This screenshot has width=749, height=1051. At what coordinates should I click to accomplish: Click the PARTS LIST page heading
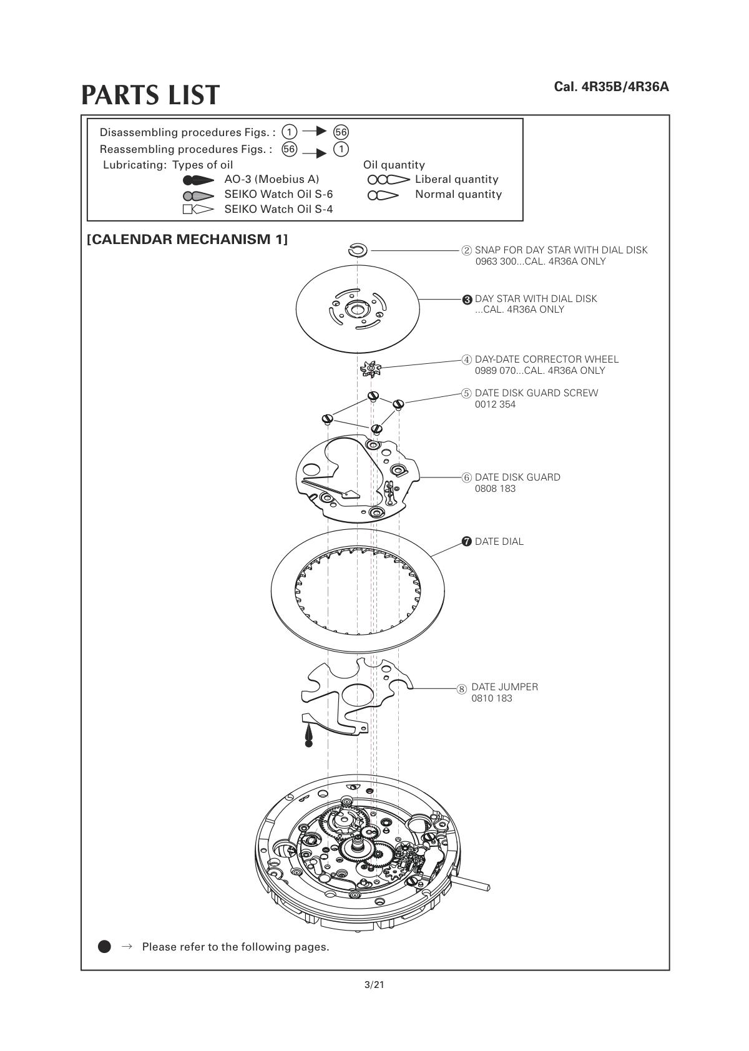point(150,95)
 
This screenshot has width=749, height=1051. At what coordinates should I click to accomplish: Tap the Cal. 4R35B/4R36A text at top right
point(611,87)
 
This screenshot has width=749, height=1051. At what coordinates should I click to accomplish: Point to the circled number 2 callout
point(467,250)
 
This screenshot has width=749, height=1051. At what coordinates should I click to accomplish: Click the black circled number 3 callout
point(467,300)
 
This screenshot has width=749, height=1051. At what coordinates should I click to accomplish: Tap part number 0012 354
point(495,404)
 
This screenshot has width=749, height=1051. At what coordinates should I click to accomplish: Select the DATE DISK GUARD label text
point(517,477)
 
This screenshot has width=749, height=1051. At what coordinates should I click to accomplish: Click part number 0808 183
point(495,489)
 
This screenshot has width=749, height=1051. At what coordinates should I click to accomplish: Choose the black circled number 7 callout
point(467,542)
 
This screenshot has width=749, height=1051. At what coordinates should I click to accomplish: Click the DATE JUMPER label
point(504,687)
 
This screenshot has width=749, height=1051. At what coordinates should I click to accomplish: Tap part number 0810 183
point(492,698)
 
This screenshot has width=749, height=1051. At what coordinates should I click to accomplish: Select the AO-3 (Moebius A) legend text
point(272,179)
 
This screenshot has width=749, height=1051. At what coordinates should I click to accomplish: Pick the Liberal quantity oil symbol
point(388,180)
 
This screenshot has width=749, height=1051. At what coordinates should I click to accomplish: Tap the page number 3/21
point(374,985)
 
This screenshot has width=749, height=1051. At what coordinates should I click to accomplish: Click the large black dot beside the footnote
point(104,947)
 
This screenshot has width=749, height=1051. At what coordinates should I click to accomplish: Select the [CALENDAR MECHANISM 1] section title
point(187,240)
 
